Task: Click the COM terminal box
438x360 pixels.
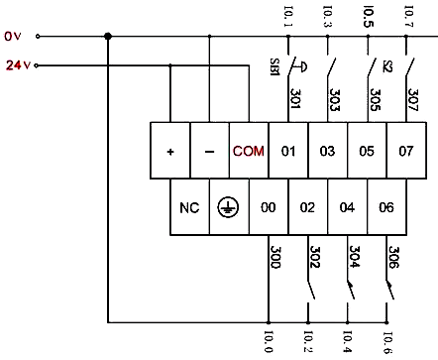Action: [x=248, y=151]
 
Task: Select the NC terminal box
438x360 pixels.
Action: [x=189, y=208]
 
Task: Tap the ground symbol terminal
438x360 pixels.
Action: [x=228, y=208]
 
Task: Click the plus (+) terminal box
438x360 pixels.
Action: [x=170, y=151]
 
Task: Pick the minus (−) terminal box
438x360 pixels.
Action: [x=209, y=151]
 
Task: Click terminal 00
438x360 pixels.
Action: [x=268, y=208]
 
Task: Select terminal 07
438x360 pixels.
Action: [x=404, y=151]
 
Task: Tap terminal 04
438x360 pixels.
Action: [x=347, y=208]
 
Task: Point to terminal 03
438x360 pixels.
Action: [x=327, y=151]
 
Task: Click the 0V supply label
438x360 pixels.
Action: [x=13, y=37]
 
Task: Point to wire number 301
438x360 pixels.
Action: [x=295, y=98]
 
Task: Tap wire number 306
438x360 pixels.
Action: [x=393, y=258]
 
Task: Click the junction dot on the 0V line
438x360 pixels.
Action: [x=107, y=37]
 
